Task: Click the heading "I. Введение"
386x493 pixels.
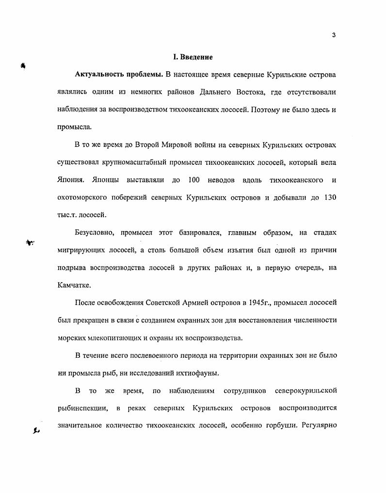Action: click(193, 58)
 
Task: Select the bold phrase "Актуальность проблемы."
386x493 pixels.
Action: click(118, 75)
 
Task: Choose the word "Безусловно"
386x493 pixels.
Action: click(95, 233)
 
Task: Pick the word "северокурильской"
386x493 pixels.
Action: click(306, 391)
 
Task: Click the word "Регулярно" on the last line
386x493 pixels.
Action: click(319, 426)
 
